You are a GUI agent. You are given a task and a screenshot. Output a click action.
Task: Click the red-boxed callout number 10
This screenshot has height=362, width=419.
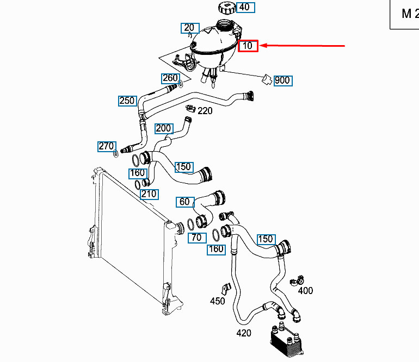(x=248, y=46)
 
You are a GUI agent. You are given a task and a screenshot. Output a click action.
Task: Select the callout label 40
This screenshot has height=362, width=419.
(x=245, y=7)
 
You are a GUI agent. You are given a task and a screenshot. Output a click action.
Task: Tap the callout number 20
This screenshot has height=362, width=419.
(x=189, y=28)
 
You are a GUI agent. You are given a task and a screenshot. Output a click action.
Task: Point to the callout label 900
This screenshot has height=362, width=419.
(x=282, y=80)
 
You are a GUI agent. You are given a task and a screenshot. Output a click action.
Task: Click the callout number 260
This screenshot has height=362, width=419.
(x=170, y=78)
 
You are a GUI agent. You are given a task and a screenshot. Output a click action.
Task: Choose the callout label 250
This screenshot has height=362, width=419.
(x=127, y=101)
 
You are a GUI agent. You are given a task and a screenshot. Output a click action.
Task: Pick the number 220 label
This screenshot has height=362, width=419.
(x=205, y=111)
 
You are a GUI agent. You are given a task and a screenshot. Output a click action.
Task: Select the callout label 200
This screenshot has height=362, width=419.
(x=163, y=128)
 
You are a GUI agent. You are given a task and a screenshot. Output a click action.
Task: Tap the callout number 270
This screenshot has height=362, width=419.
(x=106, y=146)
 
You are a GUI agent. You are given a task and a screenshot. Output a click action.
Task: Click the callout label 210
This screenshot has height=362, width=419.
(x=149, y=194)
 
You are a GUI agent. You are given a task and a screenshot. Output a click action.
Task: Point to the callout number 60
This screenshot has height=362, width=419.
(x=184, y=202)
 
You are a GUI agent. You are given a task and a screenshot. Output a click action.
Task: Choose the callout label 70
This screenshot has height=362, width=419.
(x=196, y=237)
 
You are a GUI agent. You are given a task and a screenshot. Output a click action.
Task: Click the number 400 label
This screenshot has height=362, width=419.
(x=305, y=290)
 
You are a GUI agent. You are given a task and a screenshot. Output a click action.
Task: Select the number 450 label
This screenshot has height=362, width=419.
(x=217, y=301)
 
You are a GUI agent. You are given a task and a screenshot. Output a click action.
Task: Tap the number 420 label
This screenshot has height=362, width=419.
(x=243, y=333)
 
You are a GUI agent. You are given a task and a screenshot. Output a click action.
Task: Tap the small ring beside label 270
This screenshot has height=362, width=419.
(x=116, y=155)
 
